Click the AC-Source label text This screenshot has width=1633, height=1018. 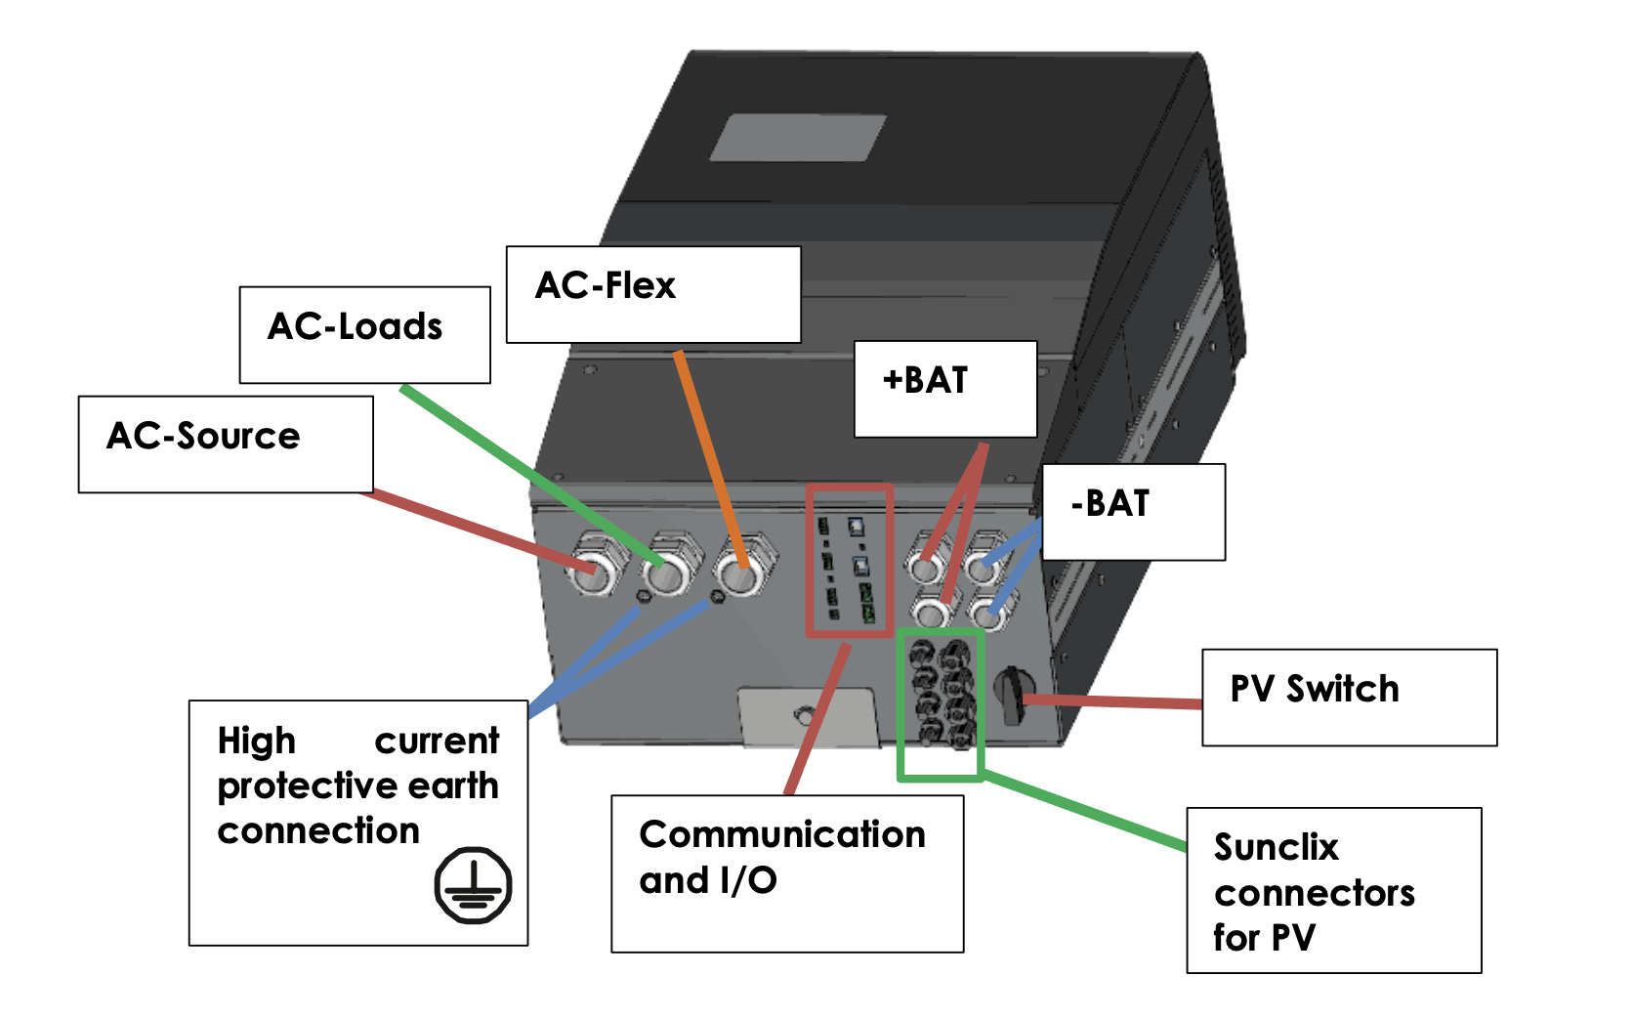click(203, 436)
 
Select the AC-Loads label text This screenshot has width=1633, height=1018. click(355, 326)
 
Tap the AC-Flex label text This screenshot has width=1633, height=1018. click(606, 285)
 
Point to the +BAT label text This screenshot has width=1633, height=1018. click(925, 380)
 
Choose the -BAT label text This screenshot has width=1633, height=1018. click(1110, 503)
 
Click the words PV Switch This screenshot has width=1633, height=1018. click(1315, 689)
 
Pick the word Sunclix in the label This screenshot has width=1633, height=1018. click(1276, 847)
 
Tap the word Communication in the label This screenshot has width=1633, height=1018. click(782, 834)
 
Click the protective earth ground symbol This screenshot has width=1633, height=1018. click(473, 885)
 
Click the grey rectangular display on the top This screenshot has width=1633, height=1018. click(797, 138)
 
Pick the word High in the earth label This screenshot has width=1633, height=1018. click(256, 742)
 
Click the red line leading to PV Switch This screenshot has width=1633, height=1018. click(1113, 700)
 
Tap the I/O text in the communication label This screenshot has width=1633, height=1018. click(748, 881)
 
